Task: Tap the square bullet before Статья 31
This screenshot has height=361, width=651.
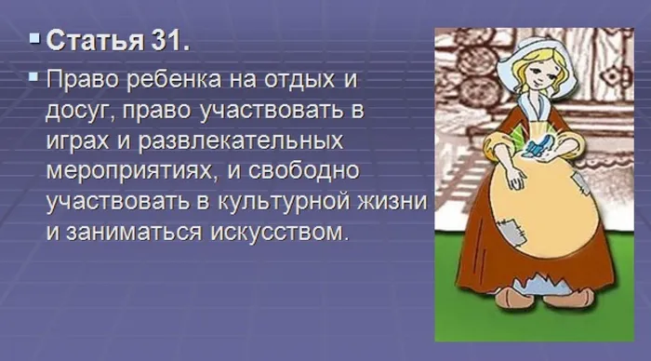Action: coord(34,41)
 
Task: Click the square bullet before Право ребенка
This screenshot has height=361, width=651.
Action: coord(34,76)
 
